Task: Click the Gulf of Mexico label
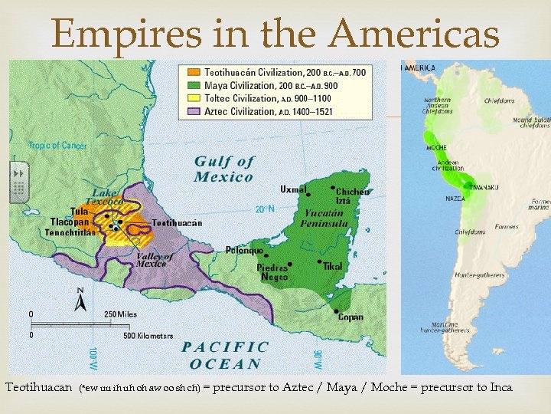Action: [x=223, y=169]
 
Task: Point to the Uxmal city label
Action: [x=293, y=189]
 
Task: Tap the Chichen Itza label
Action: [x=352, y=195]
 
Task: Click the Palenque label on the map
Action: [x=245, y=250]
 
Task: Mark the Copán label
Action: [x=351, y=317]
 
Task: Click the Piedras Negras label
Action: [x=272, y=273]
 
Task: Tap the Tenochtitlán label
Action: [x=70, y=233]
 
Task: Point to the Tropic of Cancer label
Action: [x=57, y=145]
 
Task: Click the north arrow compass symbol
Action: [x=80, y=300]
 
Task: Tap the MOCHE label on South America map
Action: [x=437, y=147]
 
